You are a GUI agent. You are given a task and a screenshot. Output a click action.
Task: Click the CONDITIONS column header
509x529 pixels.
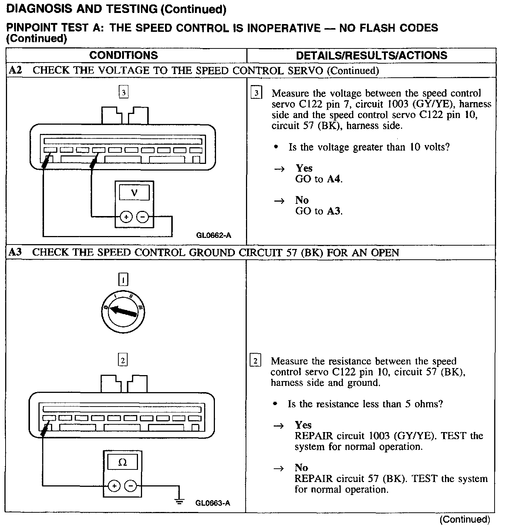[x=124, y=55]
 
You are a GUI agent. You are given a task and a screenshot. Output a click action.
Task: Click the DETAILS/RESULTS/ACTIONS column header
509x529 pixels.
[x=371, y=55]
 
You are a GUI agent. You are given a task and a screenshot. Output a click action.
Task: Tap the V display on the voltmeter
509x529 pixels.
[x=134, y=193]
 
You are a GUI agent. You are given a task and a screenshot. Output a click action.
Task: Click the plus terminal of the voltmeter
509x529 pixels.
[x=126, y=217]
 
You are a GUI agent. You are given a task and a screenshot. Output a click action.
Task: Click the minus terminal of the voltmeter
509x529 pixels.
[x=142, y=217]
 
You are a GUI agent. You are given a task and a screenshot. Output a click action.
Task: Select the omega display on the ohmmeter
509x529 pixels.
[x=122, y=462]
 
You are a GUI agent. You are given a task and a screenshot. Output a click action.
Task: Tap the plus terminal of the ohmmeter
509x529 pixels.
[x=114, y=486]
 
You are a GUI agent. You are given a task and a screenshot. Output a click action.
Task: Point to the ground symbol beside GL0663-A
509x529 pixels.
[x=179, y=501]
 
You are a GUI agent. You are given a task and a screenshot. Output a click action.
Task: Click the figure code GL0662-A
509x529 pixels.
[x=214, y=235]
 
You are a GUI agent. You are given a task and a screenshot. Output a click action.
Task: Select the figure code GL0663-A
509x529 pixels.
[x=213, y=503]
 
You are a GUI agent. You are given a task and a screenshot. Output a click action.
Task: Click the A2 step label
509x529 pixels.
[x=16, y=70]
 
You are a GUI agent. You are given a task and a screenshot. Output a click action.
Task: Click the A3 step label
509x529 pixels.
[x=16, y=252]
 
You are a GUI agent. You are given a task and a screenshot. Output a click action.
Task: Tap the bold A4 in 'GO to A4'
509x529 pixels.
[x=334, y=179]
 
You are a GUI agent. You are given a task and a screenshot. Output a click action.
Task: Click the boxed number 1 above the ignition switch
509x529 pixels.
[x=123, y=279]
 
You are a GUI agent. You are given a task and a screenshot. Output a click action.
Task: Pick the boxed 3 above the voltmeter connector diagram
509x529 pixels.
[x=124, y=91]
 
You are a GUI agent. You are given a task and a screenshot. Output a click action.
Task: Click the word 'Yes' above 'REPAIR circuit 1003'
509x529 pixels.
[x=303, y=425]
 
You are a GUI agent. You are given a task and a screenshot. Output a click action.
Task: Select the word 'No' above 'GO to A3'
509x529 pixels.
[x=302, y=200]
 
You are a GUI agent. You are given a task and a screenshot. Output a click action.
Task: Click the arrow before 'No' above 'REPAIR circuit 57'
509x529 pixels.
[x=279, y=468]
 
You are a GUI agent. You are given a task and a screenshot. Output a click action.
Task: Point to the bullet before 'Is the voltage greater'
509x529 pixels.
[x=276, y=147]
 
